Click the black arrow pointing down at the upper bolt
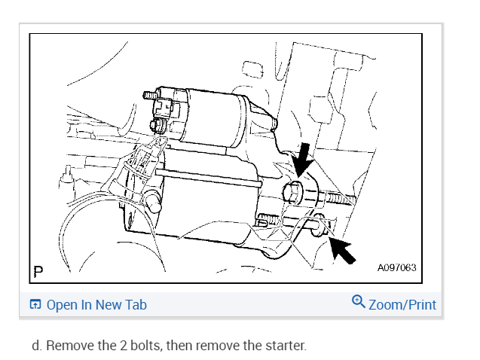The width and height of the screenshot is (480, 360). [x=301, y=160]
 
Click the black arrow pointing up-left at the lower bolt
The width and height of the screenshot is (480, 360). [x=341, y=249]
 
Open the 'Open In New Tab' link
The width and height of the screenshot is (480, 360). [x=96, y=305]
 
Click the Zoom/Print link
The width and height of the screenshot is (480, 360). [x=402, y=304]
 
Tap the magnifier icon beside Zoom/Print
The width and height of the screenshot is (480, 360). [x=359, y=303]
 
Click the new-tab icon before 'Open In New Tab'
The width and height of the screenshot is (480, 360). [x=35, y=305]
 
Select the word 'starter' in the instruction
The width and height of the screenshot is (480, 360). [x=285, y=346]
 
